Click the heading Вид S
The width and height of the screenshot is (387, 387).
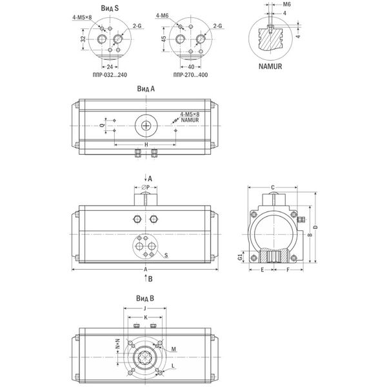pos(110,8)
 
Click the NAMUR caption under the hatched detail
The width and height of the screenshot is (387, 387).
pos(270,66)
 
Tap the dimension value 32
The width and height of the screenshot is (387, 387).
pos(83,39)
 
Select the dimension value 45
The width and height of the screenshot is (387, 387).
pos(164,39)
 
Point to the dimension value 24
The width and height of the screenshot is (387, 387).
pos(110,67)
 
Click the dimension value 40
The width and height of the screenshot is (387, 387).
pos(191,67)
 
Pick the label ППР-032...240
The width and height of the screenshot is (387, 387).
pos(110,75)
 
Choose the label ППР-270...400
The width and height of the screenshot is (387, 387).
pos(190,75)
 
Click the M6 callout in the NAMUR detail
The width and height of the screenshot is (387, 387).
pos(286,5)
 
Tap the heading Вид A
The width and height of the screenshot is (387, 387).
pos(146,89)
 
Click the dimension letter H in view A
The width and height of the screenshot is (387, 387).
pos(146,144)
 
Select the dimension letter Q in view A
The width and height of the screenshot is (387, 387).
pos(102,125)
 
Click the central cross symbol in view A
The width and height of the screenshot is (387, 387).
pos(146,126)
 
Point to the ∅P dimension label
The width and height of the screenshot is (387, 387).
pos(146,188)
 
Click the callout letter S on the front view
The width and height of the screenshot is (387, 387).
pos(166,255)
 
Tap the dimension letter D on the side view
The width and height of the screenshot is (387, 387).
pos(315,227)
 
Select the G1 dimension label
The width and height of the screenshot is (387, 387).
pos(240,257)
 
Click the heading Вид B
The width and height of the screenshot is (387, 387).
pos(145,299)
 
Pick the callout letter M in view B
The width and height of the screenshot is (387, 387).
pos(174,349)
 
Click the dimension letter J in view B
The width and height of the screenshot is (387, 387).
pos(145,308)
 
